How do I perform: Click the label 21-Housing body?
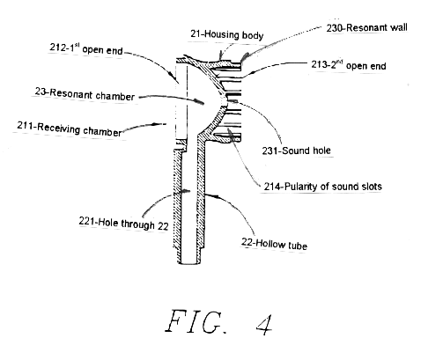tap(227, 35)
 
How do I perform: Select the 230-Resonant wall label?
tap(367, 27)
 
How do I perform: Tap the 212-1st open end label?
tap(86, 48)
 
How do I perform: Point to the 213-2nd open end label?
tap(349, 65)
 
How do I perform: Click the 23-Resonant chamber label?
tap(85, 94)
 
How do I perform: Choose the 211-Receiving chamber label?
tap(70, 129)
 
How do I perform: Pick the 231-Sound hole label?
tap(297, 151)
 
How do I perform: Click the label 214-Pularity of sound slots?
tap(322, 187)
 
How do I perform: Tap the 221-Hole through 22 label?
tap(123, 224)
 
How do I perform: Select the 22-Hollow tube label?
tap(275, 244)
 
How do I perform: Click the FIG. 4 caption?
tap(219, 322)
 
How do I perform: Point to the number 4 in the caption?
tap(265, 325)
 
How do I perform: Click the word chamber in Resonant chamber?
tap(115, 96)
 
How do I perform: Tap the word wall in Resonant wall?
tap(398, 27)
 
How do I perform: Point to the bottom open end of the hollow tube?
tap(190, 263)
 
